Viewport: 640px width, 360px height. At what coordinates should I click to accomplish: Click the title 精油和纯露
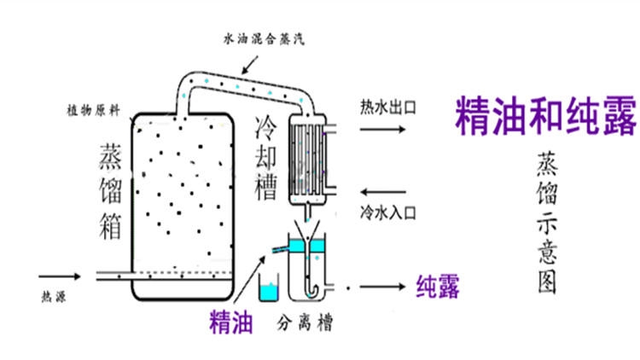546,116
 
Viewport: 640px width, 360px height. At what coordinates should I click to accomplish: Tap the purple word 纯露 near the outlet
437,287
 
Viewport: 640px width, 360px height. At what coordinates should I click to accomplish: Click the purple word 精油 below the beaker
232,322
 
